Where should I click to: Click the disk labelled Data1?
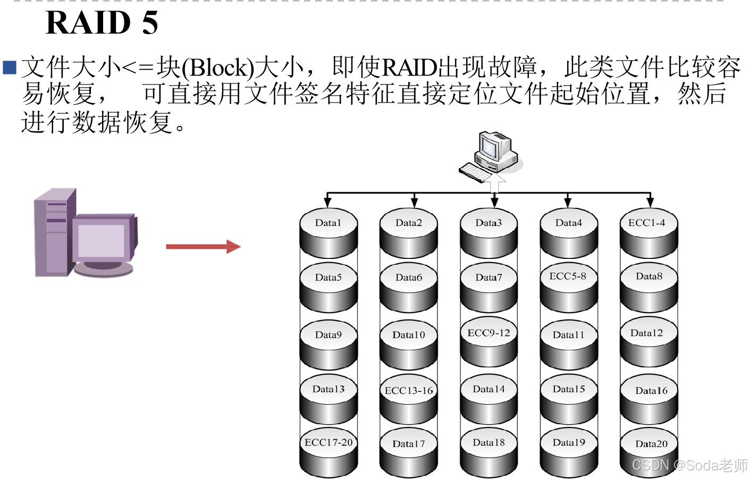tap(328, 233)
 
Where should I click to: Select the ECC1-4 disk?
tap(648, 233)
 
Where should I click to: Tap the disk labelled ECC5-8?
tap(569, 287)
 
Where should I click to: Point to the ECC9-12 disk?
tap(488, 343)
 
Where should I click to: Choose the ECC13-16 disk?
tap(409, 400)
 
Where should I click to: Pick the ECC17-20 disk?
tap(328, 452)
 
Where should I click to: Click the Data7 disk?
tap(488, 287)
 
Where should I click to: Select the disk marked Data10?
tap(409, 344)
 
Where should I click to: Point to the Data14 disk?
tap(488, 399)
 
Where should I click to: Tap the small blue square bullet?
tap(10, 68)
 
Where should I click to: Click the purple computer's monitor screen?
tap(101, 241)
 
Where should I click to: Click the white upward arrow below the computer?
tap(495, 182)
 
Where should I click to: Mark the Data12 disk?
tap(648, 343)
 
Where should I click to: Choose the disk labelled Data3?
tap(488, 233)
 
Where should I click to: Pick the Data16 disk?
tap(648, 400)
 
